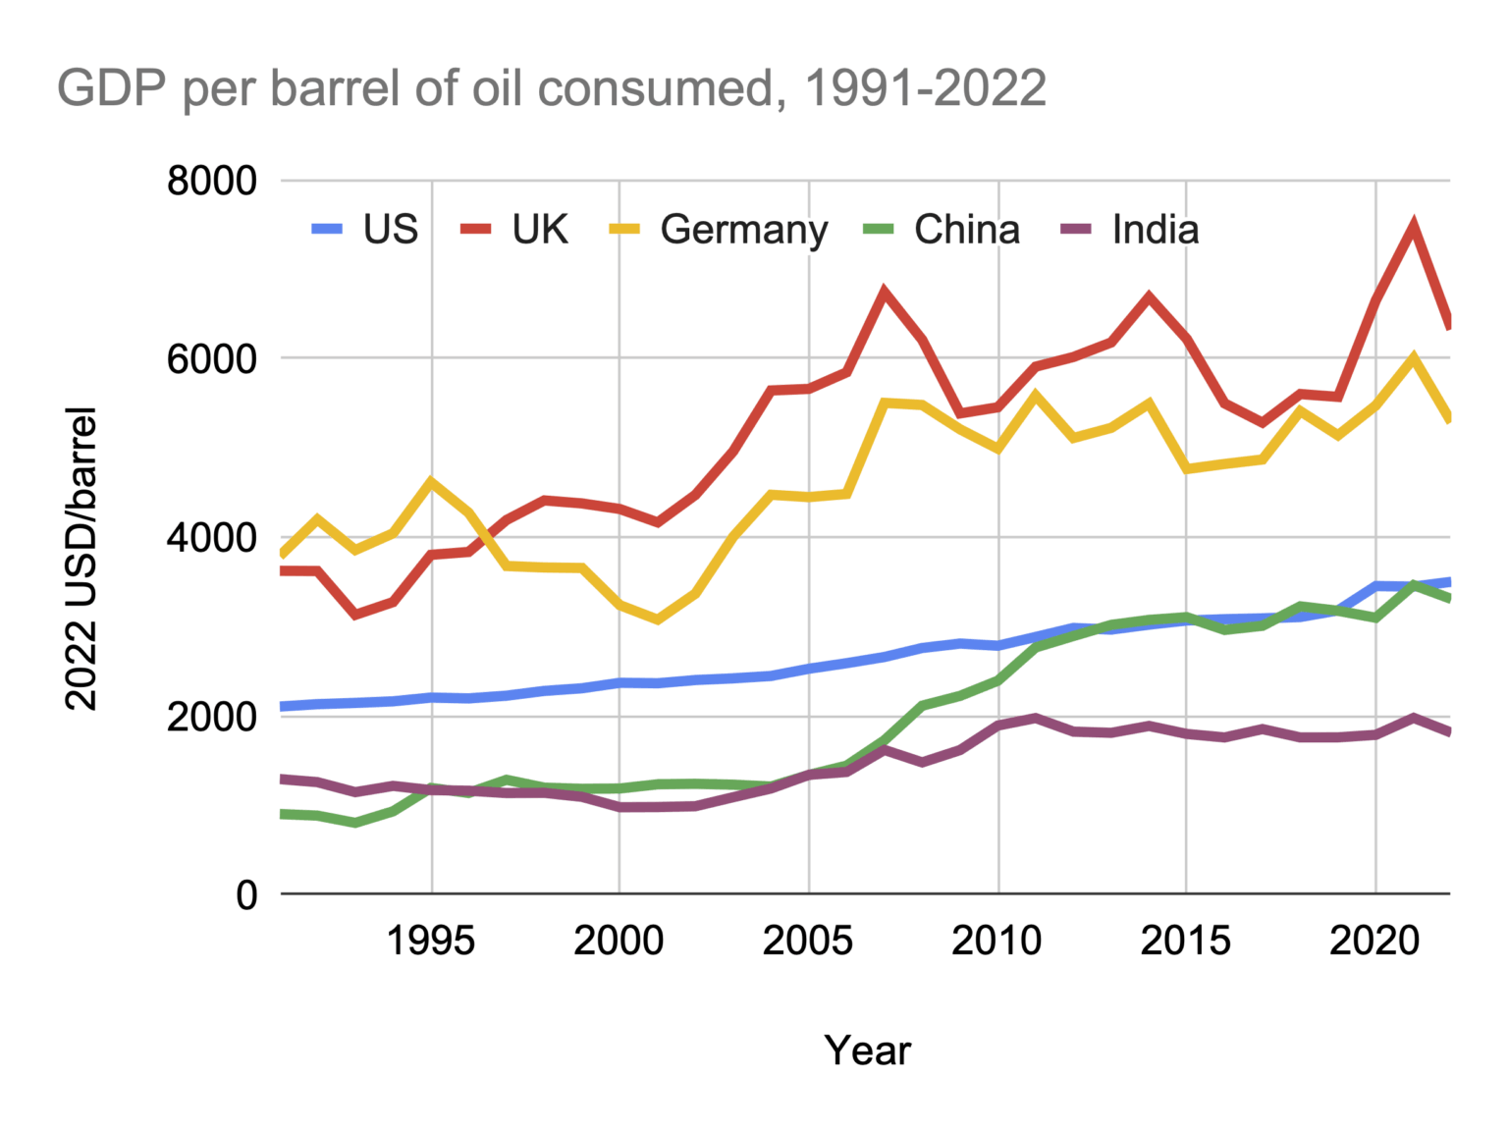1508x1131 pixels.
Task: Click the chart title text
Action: click(x=552, y=88)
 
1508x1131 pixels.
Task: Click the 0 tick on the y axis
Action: click(x=245, y=895)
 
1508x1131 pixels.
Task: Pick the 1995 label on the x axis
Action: click(x=431, y=941)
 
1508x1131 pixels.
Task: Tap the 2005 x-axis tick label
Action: click(x=808, y=941)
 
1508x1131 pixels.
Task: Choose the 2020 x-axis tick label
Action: click(x=1374, y=941)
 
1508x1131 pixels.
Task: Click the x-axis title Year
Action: click(x=867, y=1050)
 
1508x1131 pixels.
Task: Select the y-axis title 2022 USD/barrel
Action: click(x=81, y=558)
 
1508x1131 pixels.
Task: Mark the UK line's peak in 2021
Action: click(x=1414, y=227)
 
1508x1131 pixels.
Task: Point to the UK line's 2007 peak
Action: click(x=884, y=291)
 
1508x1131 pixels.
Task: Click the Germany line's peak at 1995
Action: click(x=431, y=481)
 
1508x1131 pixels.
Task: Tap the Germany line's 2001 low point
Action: click(x=657, y=619)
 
